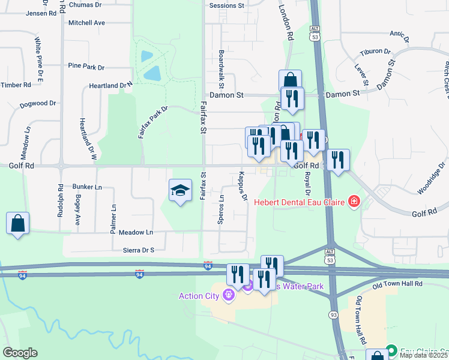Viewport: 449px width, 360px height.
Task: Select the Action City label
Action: (x=199, y=295)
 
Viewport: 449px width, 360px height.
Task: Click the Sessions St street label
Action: (x=227, y=5)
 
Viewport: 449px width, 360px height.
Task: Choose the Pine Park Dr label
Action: (x=86, y=67)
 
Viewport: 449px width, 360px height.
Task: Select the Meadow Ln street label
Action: (x=136, y=232)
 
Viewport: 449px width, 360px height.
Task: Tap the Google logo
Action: (x=20, y=353)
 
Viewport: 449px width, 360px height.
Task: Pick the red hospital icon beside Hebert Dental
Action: (x=354, y=202)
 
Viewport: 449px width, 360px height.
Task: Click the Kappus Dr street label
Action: (x=243, y=187)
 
